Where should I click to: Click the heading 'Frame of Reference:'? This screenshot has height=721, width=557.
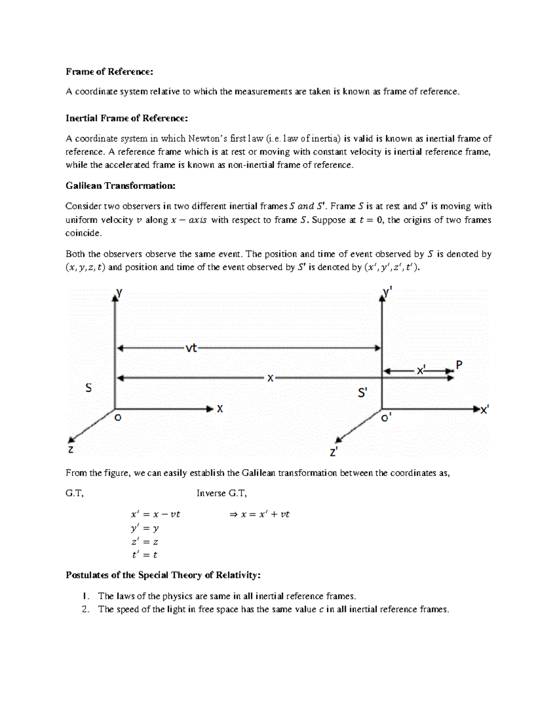109,71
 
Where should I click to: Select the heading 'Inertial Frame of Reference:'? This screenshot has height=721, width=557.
127,118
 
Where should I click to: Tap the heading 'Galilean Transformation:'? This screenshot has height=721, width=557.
121,186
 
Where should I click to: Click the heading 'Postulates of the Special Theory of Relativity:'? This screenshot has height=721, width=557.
163,575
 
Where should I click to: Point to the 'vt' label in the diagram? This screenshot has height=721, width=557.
191,348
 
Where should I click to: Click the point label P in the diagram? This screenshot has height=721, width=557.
459,365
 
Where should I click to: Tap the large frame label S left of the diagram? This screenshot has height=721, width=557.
88,388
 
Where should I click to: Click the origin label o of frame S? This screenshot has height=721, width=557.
118,418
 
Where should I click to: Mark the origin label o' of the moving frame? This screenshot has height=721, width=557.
386,418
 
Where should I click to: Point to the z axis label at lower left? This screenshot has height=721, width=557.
70,449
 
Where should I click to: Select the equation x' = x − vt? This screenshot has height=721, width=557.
155,514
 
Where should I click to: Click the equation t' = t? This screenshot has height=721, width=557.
145,555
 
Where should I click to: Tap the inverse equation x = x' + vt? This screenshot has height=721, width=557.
260,514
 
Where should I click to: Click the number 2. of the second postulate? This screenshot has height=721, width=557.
85,610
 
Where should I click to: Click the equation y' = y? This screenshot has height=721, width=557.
145,528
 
